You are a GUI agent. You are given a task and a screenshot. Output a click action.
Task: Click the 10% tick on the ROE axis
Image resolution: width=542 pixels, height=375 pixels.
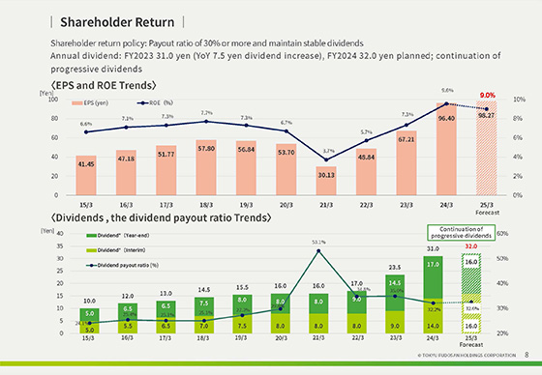[519, 100]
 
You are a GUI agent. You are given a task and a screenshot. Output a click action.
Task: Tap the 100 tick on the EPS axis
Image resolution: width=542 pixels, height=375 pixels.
[40, 100]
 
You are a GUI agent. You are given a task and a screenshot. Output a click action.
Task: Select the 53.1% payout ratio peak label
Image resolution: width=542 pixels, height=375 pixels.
[318, 242]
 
